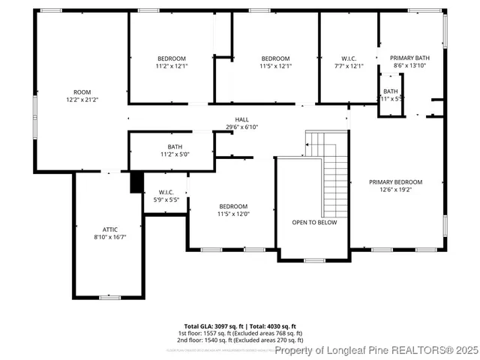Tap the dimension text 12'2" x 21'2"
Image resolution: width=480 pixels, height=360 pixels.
82,99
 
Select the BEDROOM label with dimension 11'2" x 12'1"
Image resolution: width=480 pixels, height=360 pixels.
171,58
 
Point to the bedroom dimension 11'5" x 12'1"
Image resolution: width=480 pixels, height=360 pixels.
275,66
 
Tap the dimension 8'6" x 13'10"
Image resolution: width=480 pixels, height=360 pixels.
409,66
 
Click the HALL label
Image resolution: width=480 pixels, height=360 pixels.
241,120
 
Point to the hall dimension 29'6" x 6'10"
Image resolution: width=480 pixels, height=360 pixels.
241,127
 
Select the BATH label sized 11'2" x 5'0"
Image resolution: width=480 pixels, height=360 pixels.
175,147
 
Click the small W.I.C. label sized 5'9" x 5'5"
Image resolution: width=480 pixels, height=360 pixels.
166,192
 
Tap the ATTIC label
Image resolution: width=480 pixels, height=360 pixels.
110,229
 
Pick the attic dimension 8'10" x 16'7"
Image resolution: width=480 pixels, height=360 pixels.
110,237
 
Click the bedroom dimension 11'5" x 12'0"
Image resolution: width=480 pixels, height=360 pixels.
233,214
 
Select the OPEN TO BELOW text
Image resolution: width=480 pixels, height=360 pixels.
314,223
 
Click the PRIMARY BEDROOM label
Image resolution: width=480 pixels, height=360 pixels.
395,182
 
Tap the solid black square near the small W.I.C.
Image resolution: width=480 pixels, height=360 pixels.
136,182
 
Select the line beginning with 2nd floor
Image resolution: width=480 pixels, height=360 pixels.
240,339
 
